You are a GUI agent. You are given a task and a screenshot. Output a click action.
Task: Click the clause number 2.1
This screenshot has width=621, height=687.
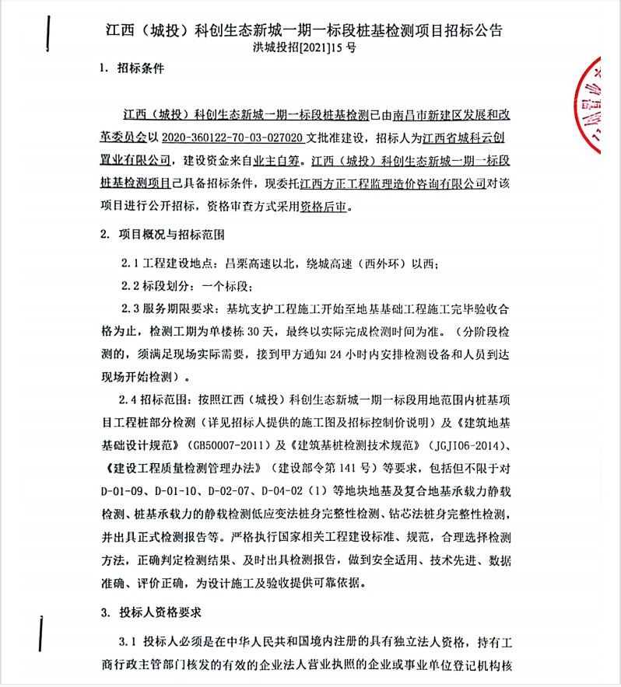point(130,263)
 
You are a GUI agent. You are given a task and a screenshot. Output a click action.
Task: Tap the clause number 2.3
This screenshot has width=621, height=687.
point(130,306)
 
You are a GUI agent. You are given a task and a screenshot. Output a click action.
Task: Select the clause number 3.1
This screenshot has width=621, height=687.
point(128,643)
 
